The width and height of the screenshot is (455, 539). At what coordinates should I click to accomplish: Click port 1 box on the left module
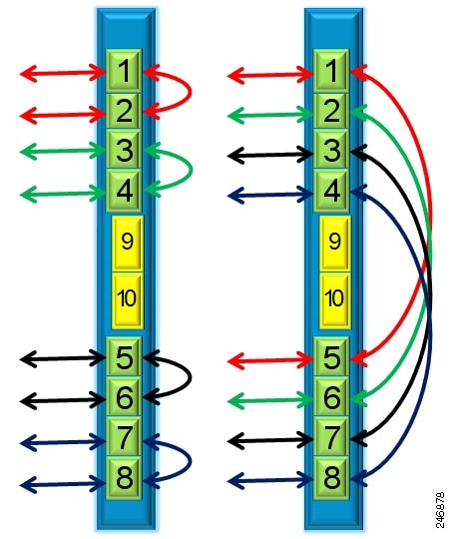(124, 71)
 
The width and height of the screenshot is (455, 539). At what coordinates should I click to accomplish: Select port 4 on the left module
(124, 191)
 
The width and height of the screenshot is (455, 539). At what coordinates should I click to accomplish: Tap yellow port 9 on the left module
(127, 242)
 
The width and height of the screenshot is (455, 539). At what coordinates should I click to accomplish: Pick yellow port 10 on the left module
(127, 299)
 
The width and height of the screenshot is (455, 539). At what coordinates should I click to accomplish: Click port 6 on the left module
(124, 396)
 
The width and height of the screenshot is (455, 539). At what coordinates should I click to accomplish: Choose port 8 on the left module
(124, 478)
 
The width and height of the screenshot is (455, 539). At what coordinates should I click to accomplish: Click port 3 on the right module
(331, 150)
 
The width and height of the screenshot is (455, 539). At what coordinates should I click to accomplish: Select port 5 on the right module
(331, 356)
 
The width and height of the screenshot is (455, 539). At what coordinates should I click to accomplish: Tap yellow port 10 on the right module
(334, 299)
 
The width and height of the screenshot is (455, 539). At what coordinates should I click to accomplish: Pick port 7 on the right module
(331, 436)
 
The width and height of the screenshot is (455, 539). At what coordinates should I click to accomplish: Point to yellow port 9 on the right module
(334, 242)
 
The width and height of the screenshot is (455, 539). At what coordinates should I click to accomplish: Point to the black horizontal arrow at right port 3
(270, 155)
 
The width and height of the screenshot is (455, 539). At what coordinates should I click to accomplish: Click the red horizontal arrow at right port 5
(270, 360)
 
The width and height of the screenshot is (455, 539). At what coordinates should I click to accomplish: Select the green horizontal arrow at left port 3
(63, 151)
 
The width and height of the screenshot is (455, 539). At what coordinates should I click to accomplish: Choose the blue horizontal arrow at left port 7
(63, 442)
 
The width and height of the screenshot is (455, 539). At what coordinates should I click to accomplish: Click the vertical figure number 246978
(440, 509)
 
